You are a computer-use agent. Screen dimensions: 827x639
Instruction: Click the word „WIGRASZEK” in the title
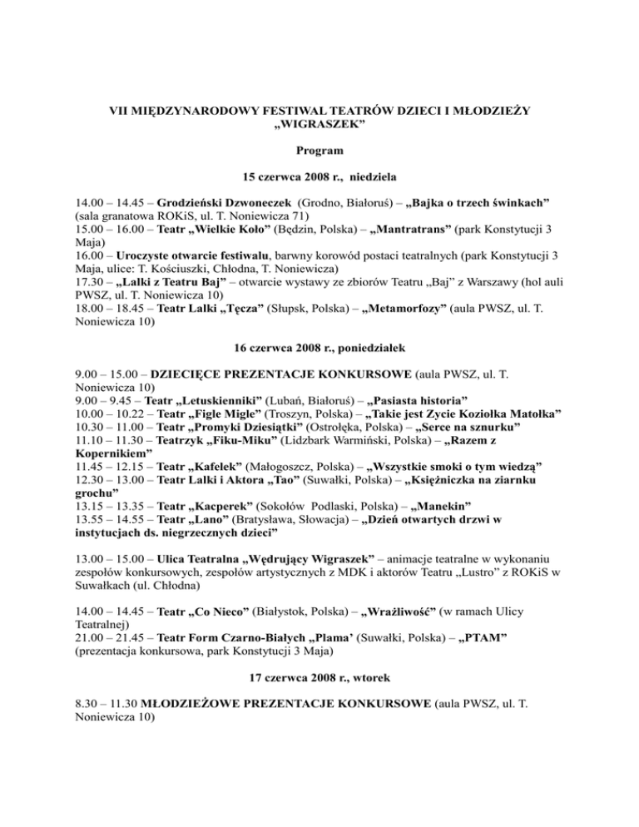tap(319, 126)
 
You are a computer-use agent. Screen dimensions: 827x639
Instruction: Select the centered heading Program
tap(319, 151)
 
